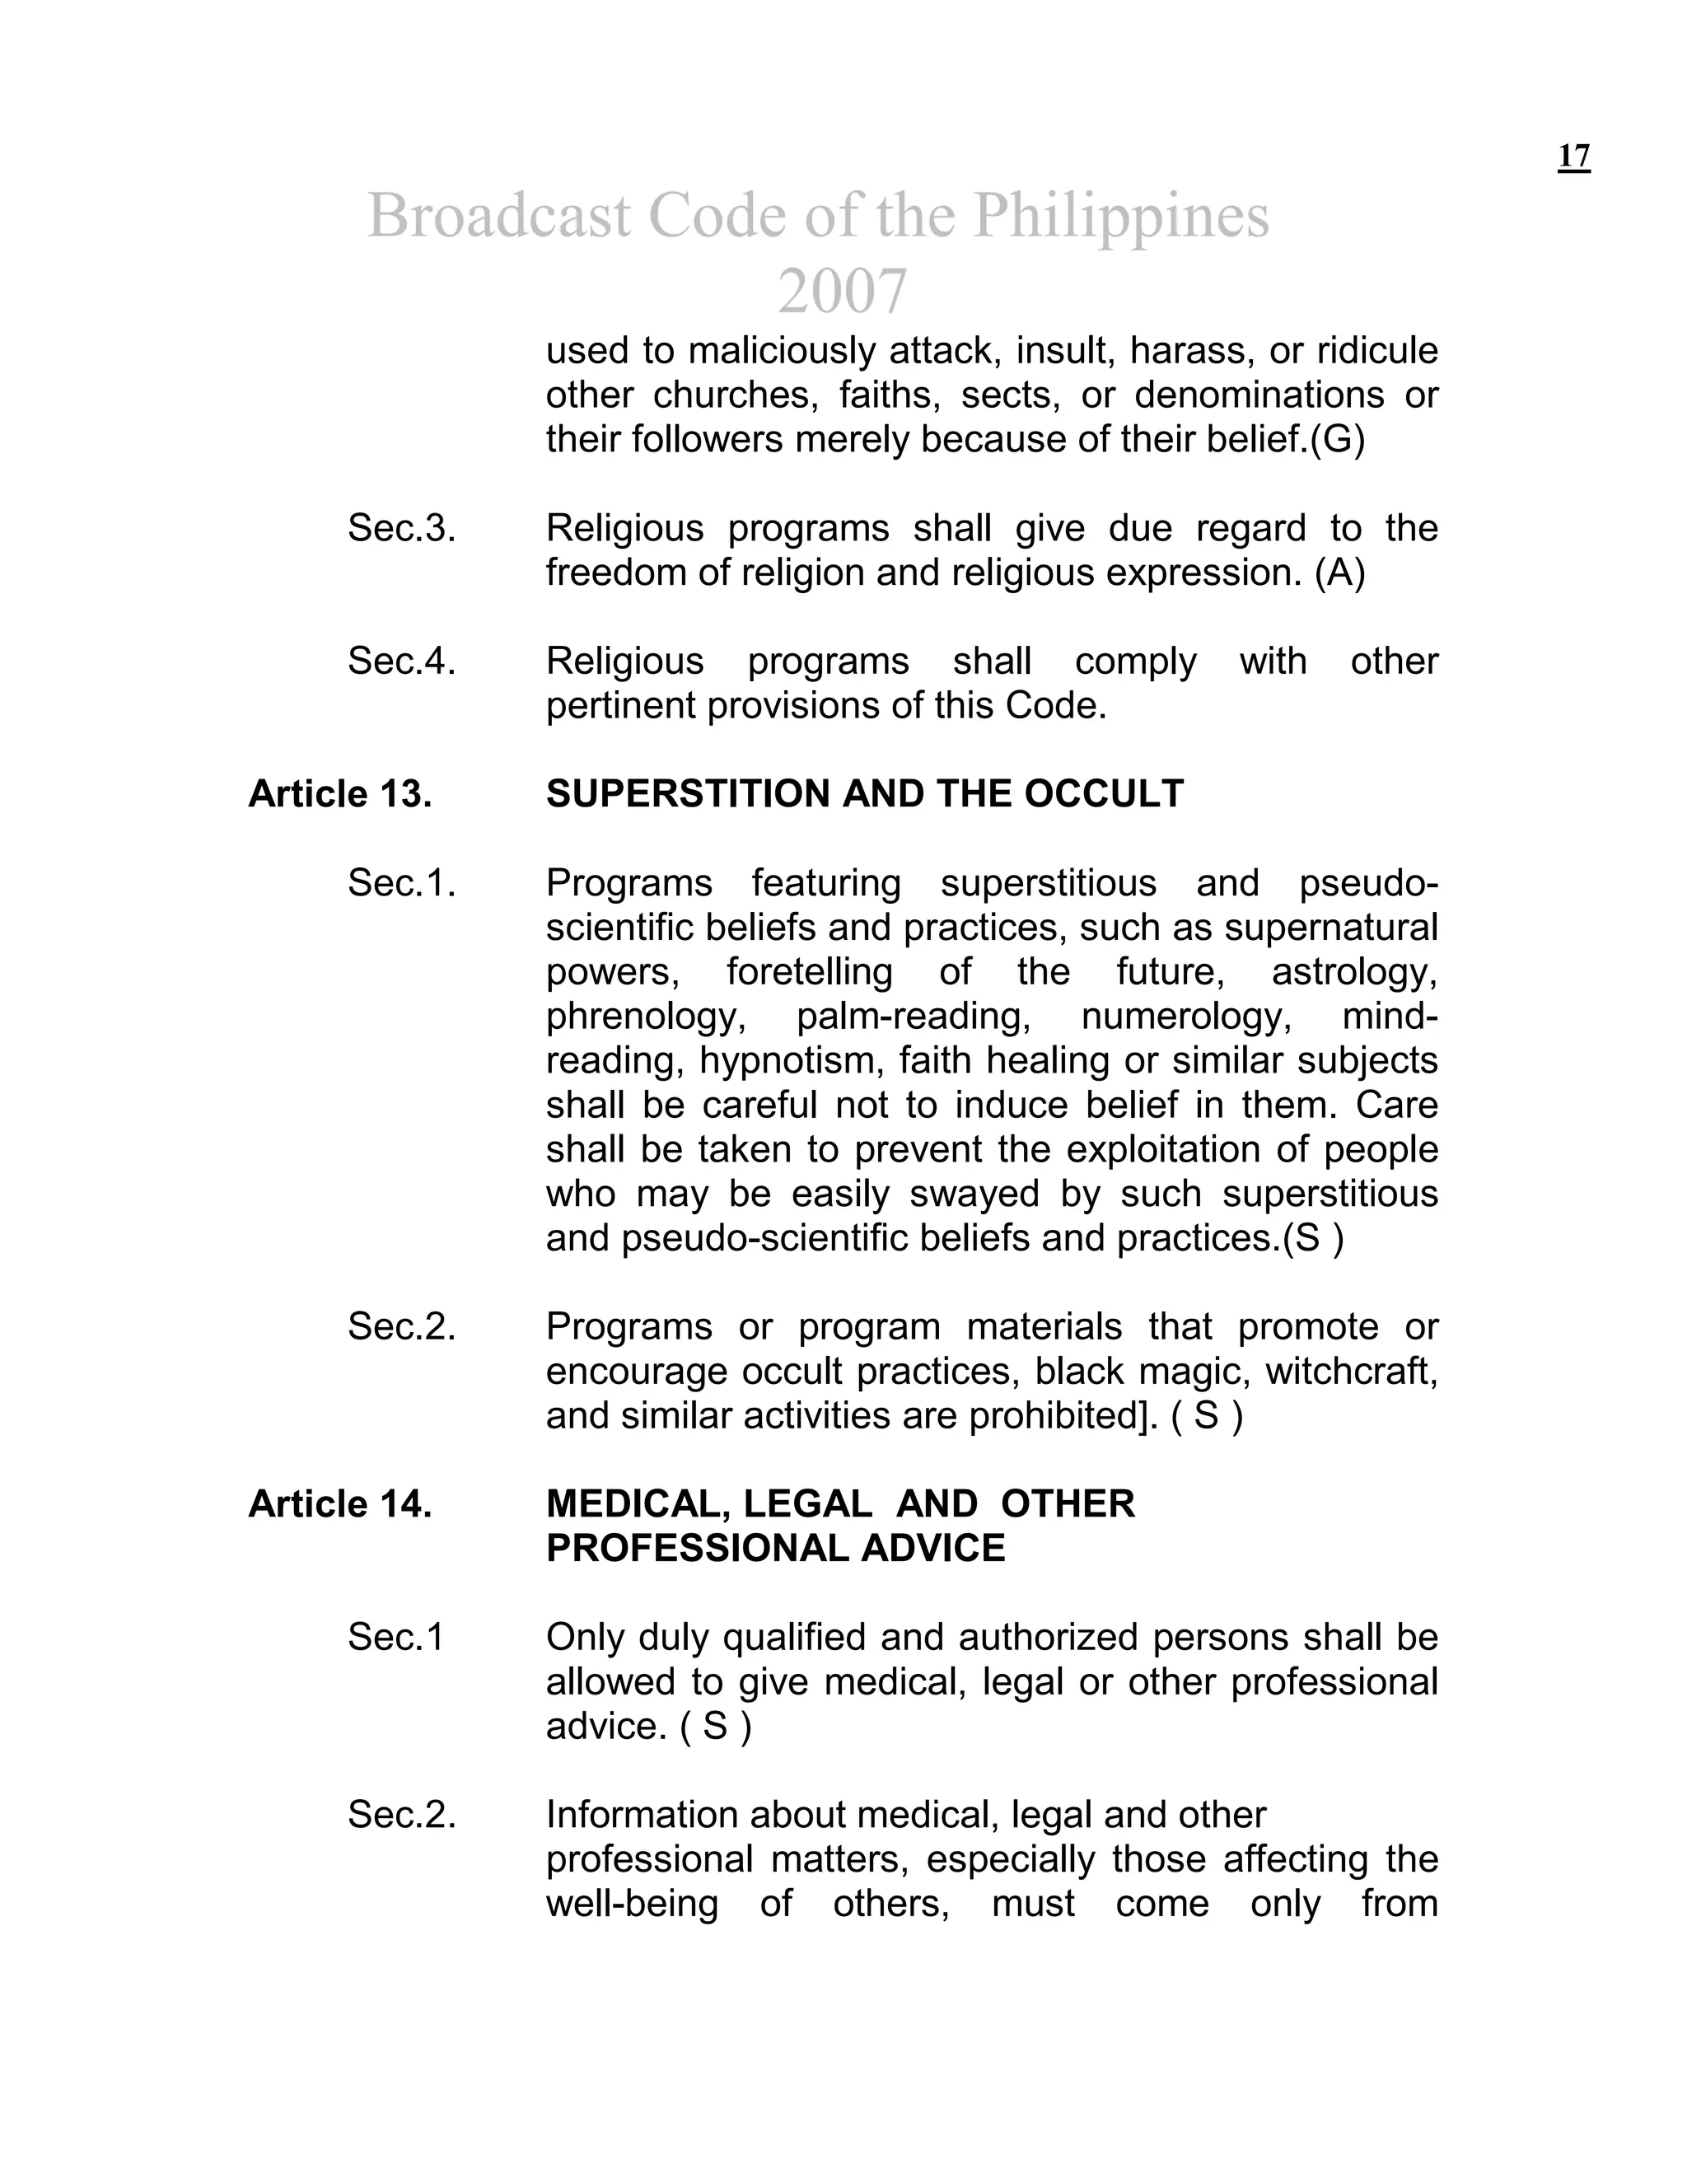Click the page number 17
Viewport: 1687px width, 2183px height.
[x=1573, y=157]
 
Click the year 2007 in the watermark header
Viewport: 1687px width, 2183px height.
[x=842, y=291]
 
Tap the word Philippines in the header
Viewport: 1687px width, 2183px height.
[x=1120, y=215]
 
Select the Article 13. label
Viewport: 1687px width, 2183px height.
[x=340, y=793]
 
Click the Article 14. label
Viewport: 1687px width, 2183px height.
[x=340, y=1503]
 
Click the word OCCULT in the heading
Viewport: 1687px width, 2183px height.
[x=1103, y=793]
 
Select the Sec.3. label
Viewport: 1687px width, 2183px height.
[x=401, y=528]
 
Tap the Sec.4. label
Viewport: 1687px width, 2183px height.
[x=401, y=661]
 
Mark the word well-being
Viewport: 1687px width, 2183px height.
[x=632, y=1903]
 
